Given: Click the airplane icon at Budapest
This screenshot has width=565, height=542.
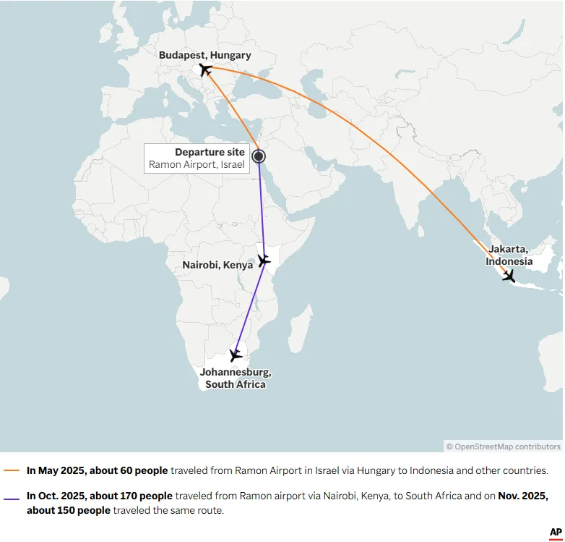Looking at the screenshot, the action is tap(206, 69).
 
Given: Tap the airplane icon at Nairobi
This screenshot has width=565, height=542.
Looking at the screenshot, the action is tap(264, 260).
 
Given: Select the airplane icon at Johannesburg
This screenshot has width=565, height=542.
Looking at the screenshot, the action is tap(236, 355).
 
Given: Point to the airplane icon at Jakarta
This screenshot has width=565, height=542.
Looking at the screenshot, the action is tap(509, 276).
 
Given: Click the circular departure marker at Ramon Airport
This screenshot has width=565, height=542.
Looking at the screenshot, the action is tap(258, 156).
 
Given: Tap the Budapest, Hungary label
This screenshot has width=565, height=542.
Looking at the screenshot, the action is tap(205, 55).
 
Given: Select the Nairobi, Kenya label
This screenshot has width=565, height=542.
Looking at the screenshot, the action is tap(217, 265).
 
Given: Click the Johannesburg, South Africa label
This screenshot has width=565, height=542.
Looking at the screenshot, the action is tap(236, 378).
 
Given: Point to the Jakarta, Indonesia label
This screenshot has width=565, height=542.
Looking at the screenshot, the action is tap(509, 255).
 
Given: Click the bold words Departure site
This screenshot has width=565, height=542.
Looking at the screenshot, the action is tap(210, 152).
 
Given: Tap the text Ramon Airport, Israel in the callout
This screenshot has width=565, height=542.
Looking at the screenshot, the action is tap(197, 164).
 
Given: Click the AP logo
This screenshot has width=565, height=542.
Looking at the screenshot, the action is tap(556, 532).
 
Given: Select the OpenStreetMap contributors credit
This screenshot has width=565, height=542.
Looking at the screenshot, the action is tap(503, 446).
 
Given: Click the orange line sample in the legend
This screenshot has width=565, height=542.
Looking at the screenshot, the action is tap(12, 470).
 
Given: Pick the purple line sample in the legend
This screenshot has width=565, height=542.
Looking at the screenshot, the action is tap(12, 496).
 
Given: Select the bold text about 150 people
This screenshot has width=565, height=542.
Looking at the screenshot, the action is tap(69, 510).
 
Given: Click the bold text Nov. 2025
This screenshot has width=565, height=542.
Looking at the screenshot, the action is tap(523, 496).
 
